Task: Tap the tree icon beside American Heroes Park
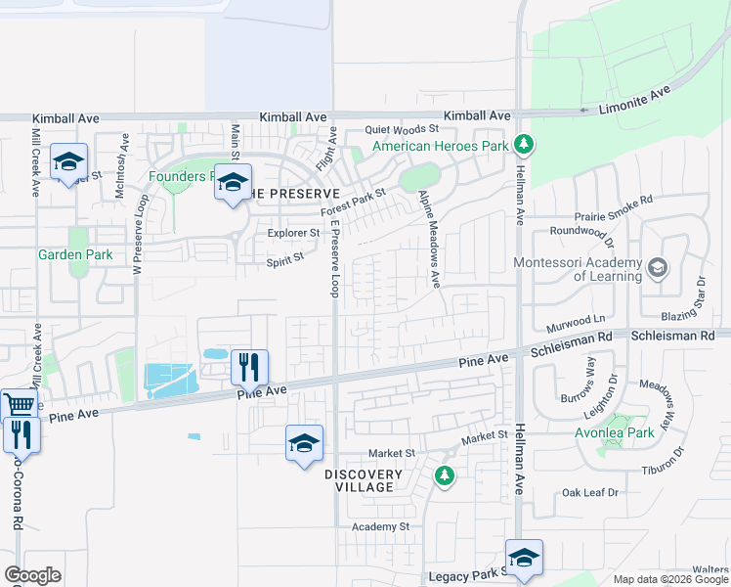(525, 146)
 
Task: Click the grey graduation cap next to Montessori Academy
(659, 266)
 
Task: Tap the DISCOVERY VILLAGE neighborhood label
(364, 480)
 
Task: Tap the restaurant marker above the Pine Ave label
(248, 367)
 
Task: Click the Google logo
(32, 575)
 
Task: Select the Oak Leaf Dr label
(590, 493)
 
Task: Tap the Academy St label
(381, 526)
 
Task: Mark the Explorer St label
(293, 233)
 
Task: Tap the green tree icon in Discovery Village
(445, 475)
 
